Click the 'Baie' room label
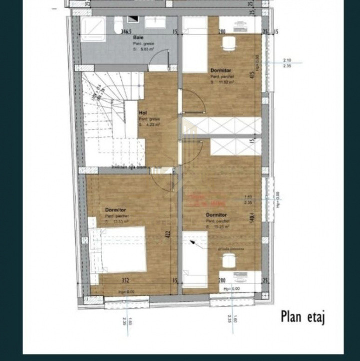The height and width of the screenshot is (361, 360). tap(139, 38)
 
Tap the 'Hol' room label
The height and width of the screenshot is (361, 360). tap(143, 113)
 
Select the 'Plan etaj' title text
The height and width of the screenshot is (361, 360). tap(302, 316)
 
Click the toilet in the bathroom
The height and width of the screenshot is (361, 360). tap(119, 25)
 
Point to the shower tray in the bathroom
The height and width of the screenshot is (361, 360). tap(94, 29)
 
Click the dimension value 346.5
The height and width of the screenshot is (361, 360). tap(130, 32)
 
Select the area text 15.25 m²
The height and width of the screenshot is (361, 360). tap(220, 227)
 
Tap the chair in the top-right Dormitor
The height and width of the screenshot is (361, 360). tap(228, 43)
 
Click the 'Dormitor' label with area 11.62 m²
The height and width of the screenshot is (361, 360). tap(221, 71)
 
